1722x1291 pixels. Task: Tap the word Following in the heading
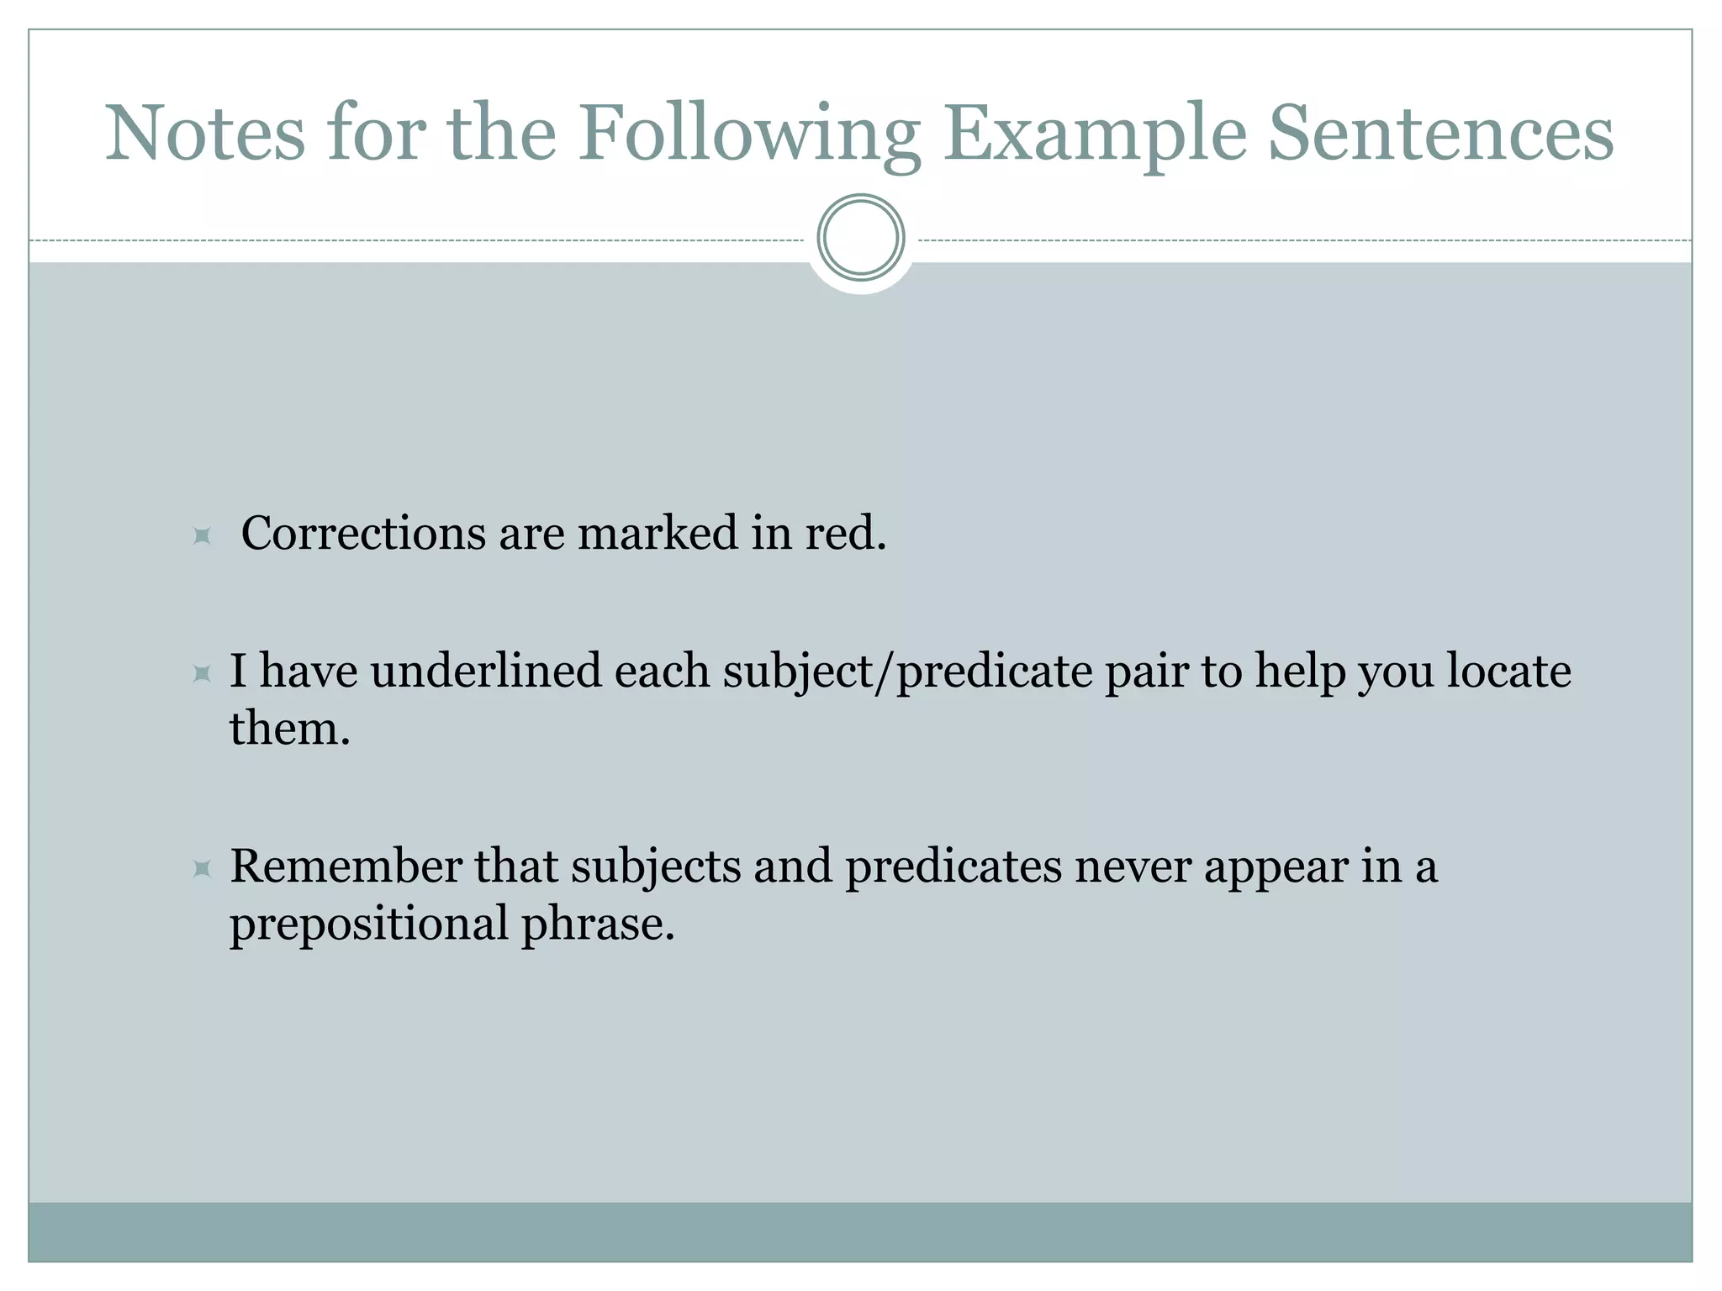pyautogui.click(x=748, y=134)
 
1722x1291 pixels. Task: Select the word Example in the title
pyautogui.click(x=1094, y=134)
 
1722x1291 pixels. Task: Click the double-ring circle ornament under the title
pyautogui.click(x=861, y=238)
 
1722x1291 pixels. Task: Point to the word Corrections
pyautogui.click(x=363, y=533)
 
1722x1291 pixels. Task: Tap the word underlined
pyautogui.click(x=486, y=672)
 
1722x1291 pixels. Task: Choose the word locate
pyautogui.click(x=1508, y=672)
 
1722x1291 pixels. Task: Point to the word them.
pyautogui.click(x=289, y=728)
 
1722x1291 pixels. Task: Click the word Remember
pyautogui.click(x=346, y=867)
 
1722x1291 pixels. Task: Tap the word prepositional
pyautogui.click(x=369, y=924)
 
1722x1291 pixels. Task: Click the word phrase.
pyautogui.click(x=598, y=924)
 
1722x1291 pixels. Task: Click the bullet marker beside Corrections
pyautogui.click(x=202, y=535)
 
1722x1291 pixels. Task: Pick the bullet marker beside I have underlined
pyautogui.click(x=202, y=673)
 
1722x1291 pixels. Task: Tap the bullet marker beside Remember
pyautogui.click(x=202, y=868)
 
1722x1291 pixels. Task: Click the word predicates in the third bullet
pyautogui.click(x=953, y=867)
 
